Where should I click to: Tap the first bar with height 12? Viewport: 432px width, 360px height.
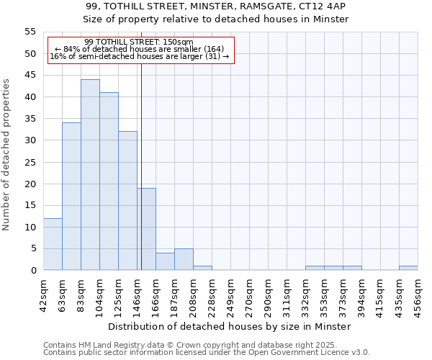[53, 244]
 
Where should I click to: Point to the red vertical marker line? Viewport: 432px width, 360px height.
[142, 166]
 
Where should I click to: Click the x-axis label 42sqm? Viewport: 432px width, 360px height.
[44, 294]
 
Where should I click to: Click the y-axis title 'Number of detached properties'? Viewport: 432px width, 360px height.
[6, 155]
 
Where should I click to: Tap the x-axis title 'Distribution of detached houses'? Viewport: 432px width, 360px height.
[231, 326]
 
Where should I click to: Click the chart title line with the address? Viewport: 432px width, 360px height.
[215, 6]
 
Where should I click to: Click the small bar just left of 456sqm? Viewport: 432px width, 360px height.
[408, 268]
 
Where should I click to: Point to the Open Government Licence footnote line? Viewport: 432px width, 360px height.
[207, 353]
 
